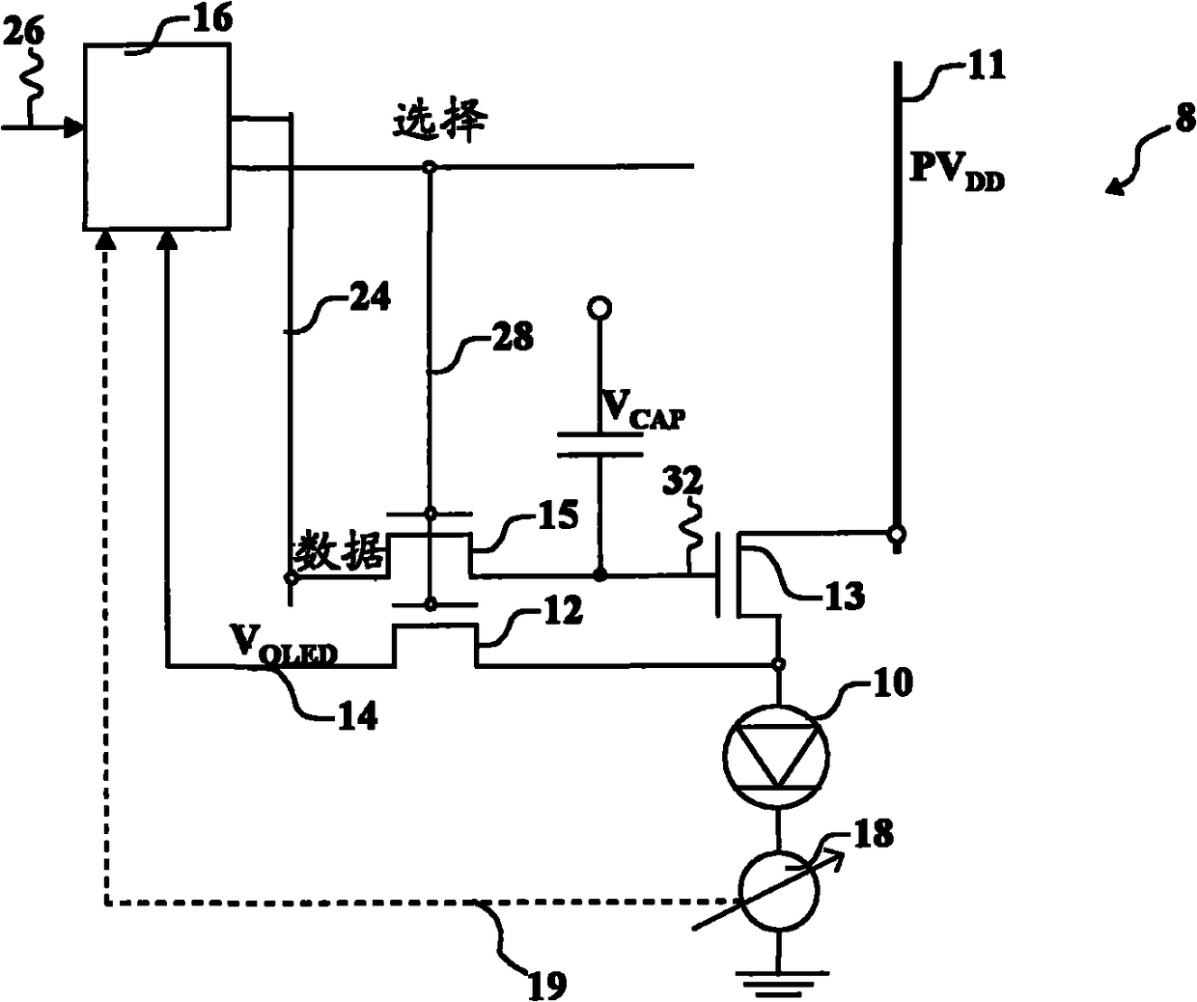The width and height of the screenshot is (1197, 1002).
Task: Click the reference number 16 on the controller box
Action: (x=211, y=19)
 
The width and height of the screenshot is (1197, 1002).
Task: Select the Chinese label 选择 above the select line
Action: (x=440, y=122)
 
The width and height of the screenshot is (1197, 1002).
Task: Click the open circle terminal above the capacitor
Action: (x=598, y=308)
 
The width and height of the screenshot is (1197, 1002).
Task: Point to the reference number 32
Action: (x=682, y=481)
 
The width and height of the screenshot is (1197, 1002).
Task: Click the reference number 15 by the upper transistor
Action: (x=558, y=515)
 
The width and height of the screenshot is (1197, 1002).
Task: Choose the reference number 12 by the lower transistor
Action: (x=562, y=610)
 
